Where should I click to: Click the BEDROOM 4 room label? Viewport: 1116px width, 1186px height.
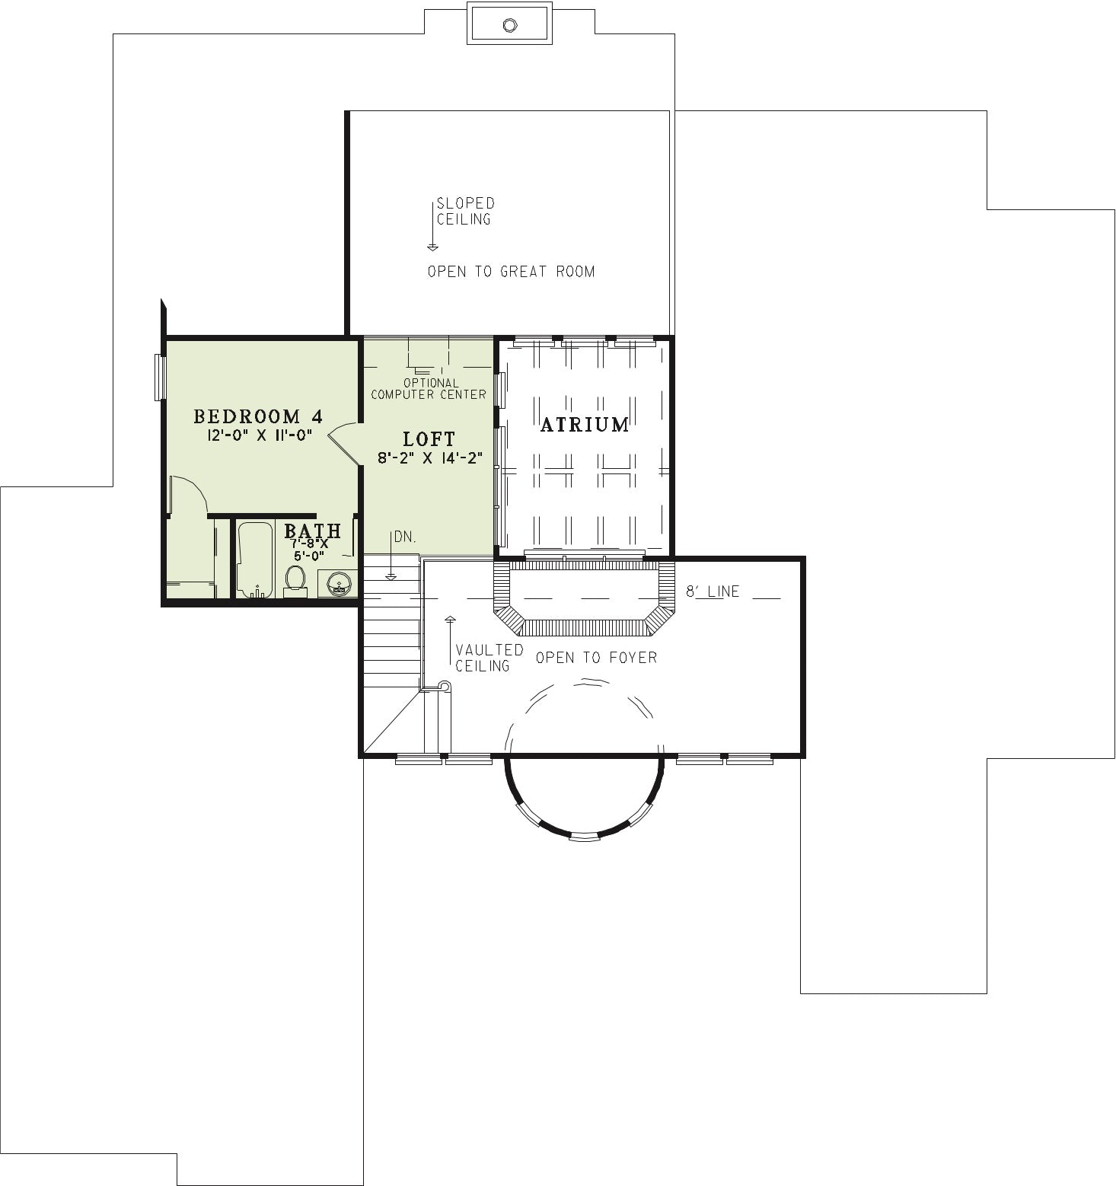[x=258, y=416]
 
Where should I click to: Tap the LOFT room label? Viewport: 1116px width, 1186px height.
[x=429, y=439]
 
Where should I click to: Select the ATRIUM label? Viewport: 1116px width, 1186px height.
[x=585, y=424]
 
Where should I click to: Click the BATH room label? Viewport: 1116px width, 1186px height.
[x=312, y=530]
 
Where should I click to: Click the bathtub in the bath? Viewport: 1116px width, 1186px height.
[x=255, y=560]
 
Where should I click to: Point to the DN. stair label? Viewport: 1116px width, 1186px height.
[x=405, y=537]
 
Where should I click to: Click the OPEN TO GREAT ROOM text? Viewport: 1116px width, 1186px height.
[x=511, y=271]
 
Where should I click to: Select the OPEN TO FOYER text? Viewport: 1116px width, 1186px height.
[x=596, y=657]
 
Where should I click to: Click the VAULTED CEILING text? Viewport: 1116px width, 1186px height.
[x=489, y=658]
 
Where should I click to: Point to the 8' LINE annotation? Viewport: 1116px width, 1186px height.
[x=713, y=591]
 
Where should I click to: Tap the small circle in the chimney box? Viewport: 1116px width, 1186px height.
[x=509, y=25]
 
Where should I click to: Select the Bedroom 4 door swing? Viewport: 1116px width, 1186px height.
[x=344, y=441]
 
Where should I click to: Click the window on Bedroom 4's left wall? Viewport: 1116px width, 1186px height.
[x=160, y=377]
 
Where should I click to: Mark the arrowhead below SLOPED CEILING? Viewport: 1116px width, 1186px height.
[x=432, y=247]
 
